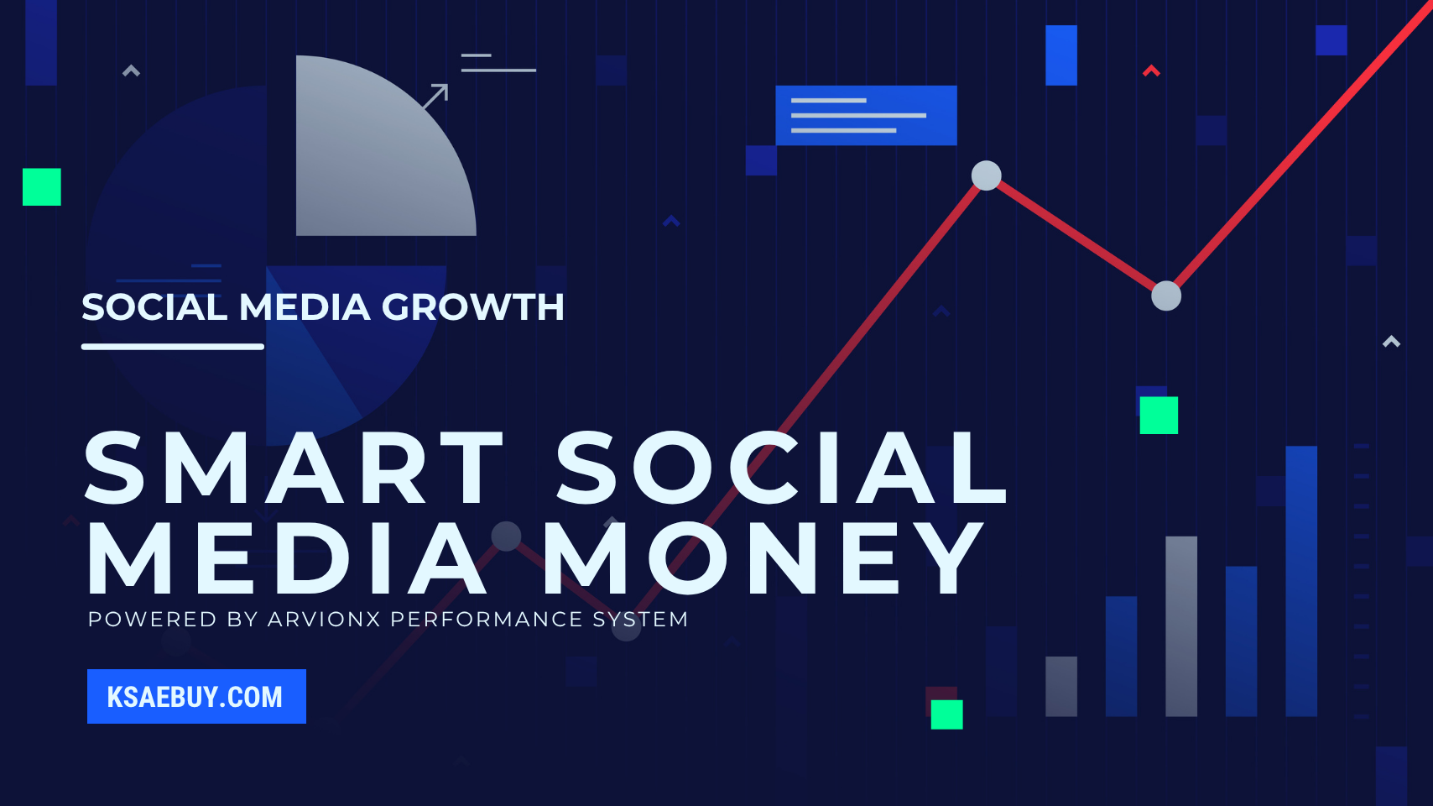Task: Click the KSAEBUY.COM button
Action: pos(196,696)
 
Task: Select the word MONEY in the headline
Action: pos(763,558)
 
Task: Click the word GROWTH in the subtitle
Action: pos(473,307)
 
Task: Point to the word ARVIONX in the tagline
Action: pos(323,620)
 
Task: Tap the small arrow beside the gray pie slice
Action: pos(435,96)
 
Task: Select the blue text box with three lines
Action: pos(866,115)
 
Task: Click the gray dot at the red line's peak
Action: pos(986,175)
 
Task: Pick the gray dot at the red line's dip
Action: pos(1165,296)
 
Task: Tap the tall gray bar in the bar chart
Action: pos(1180,625)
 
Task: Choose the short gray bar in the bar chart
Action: pos(1060,686)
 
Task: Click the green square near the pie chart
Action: pos(42,187)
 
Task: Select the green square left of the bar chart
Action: pos(946,714)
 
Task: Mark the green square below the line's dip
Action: pos(1158,415)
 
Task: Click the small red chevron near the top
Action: pos(1151,71)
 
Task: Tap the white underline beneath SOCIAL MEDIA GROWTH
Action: pos(172,346)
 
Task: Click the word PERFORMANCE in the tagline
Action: pos(487,620)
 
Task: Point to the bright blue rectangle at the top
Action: pos(1060,55)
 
